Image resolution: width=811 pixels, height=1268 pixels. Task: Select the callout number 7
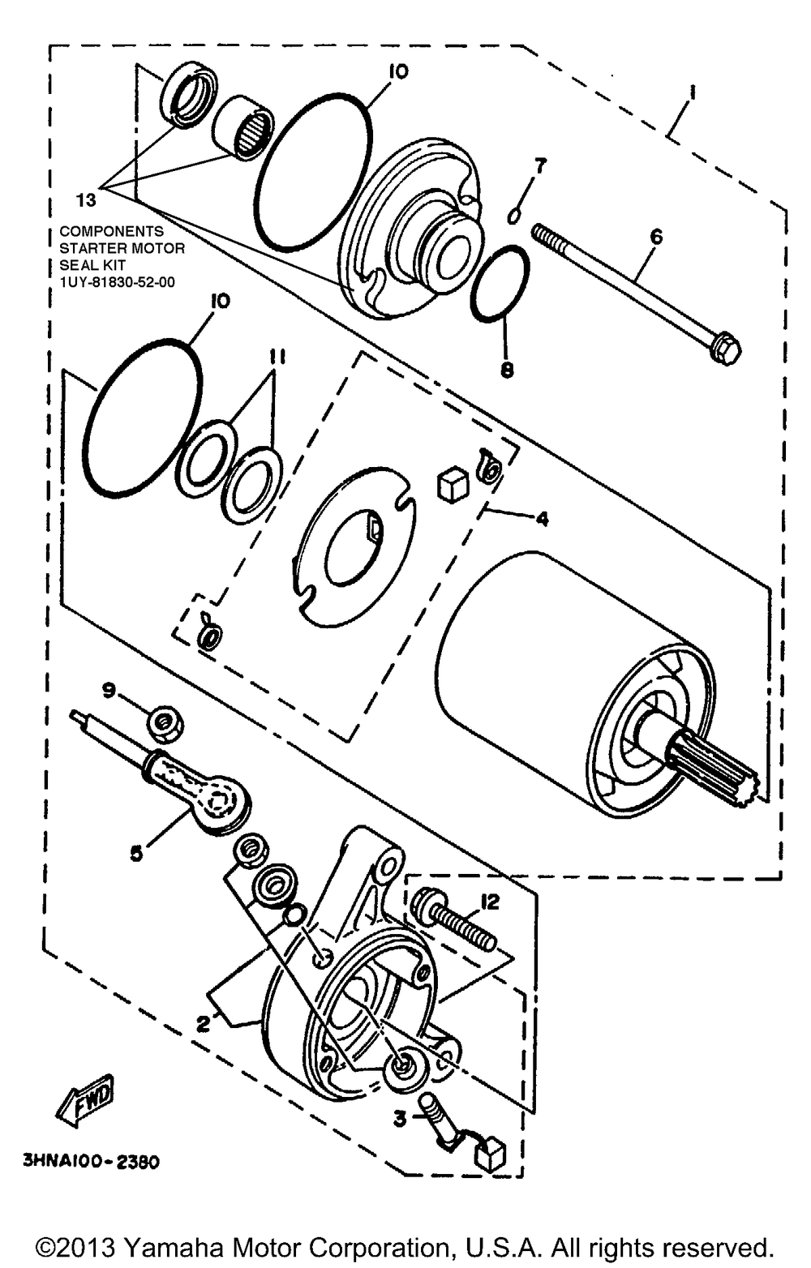[x=539, y=165]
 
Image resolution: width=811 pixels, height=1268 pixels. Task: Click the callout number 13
[x=86, y=199]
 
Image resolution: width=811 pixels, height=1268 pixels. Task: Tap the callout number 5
[x=135, y=852]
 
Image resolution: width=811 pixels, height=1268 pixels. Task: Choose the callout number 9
[x=109, y=691]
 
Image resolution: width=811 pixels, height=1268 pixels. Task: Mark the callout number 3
[x=399, y=1119]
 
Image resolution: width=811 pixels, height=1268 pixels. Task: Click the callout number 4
[x=541, y=518]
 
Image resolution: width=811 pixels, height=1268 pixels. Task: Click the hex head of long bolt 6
[x=724, y=350]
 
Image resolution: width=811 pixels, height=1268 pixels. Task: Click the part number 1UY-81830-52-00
[x=117, y=283]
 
